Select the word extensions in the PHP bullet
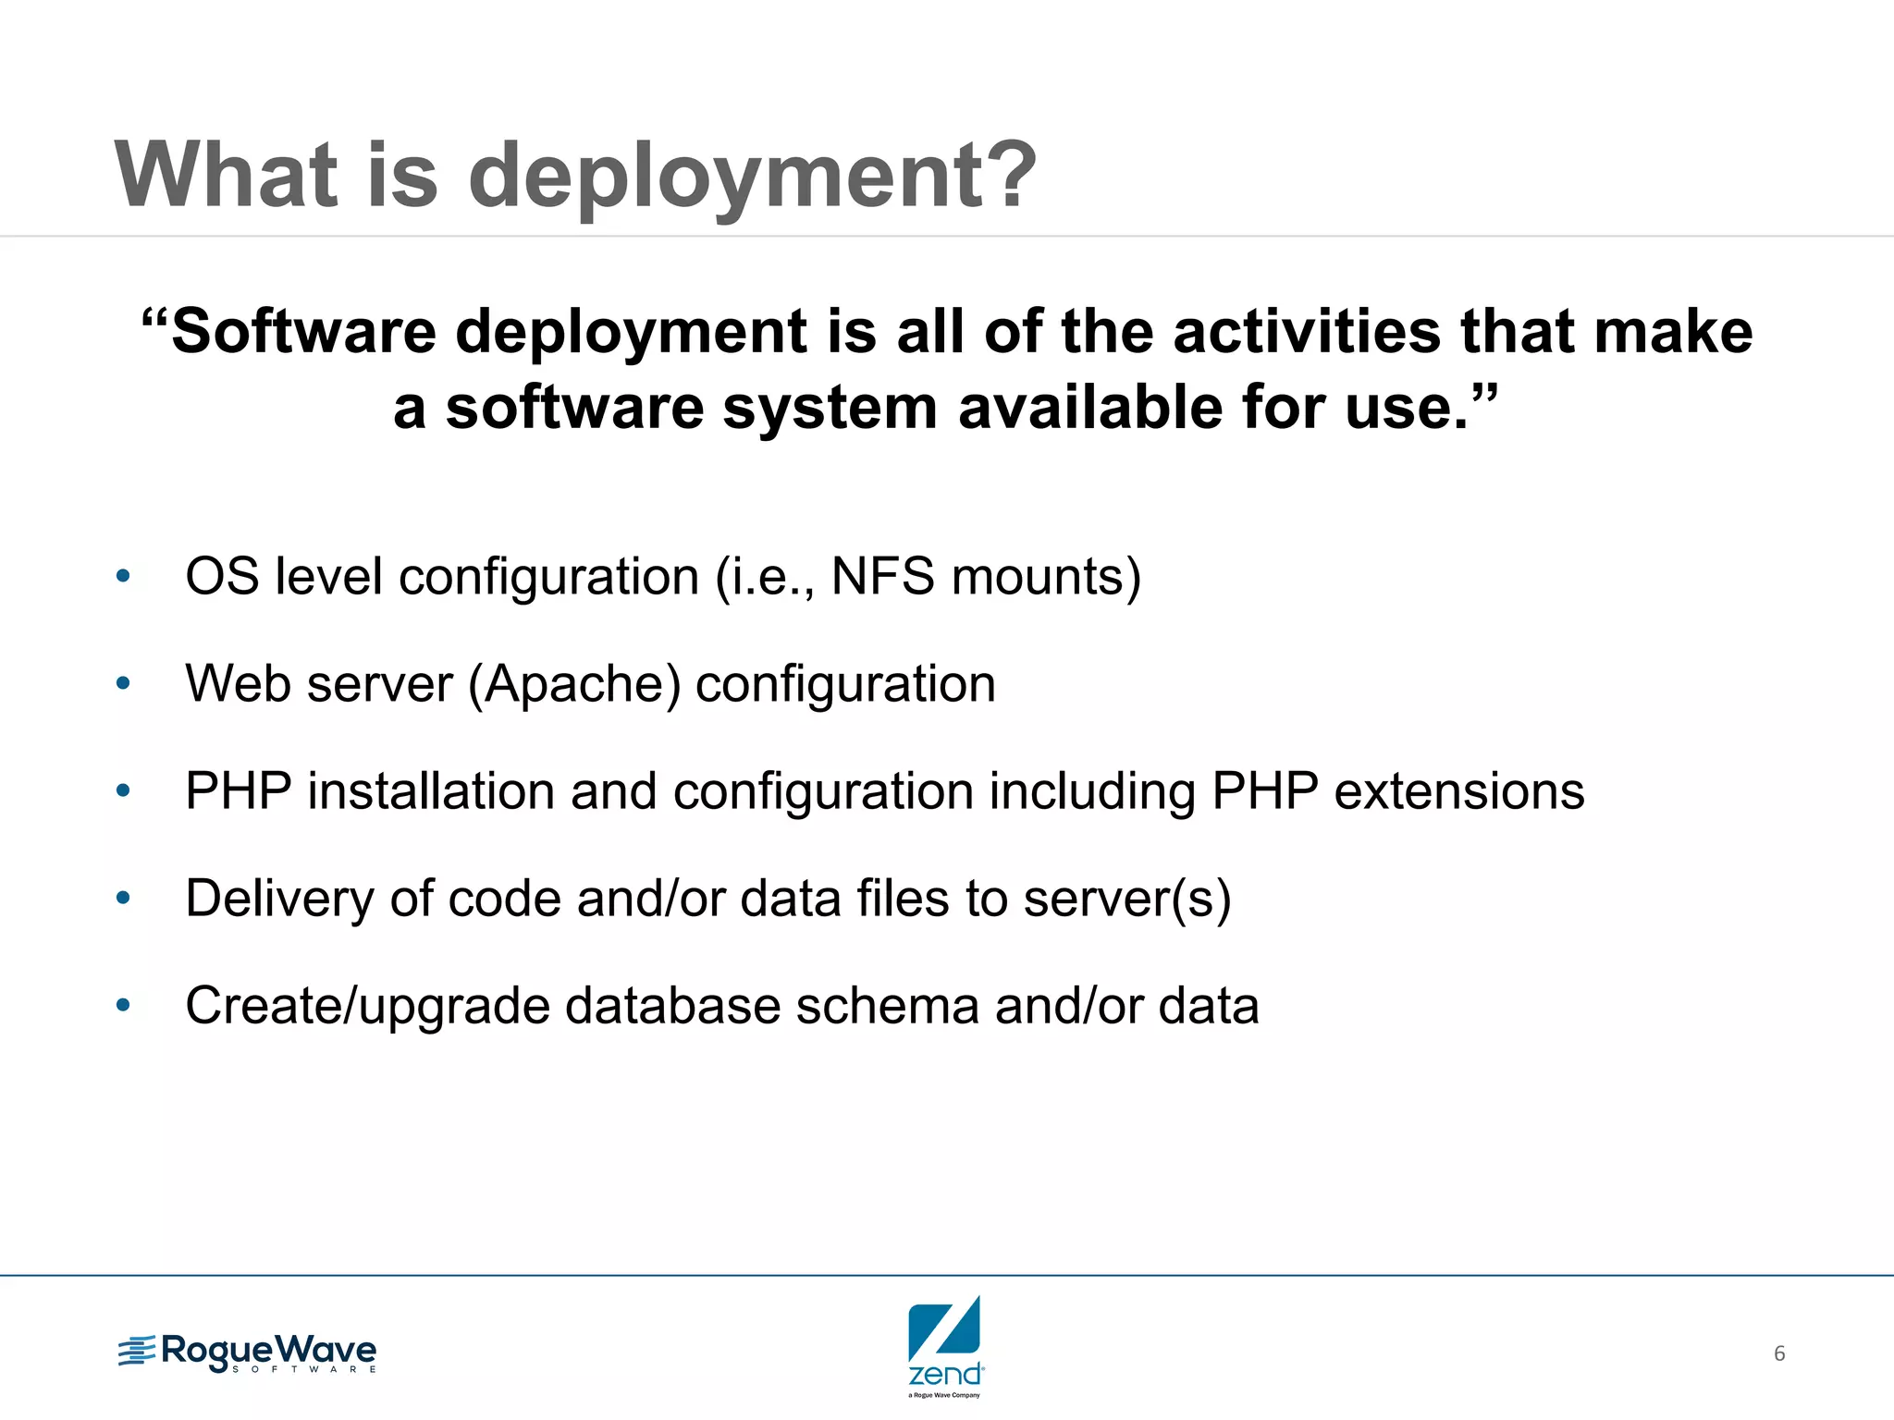click(x=1458, y=791)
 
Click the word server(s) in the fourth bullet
click(x=1127, y=899)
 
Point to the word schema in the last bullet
click(x=887, y=1006)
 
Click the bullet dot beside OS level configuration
click(x=123, y=578)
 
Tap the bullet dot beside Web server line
click(x=123, y=685)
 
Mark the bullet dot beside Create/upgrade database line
click(x=123, y=1006)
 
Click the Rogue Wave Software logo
click(x=247, y=1353)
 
